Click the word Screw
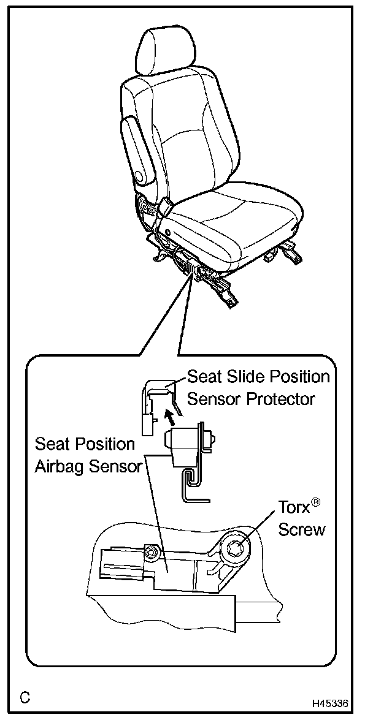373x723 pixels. click(301, 529)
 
